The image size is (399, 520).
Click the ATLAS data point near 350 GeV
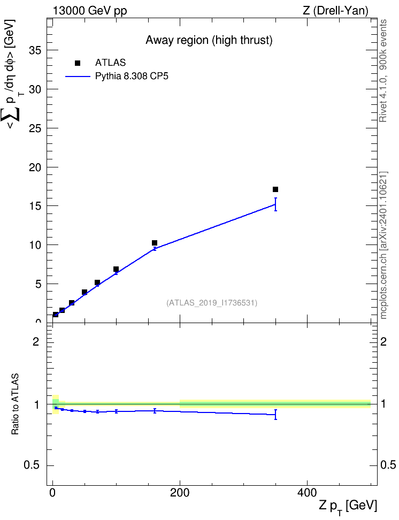point(275,189)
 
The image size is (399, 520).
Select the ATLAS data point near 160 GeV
point(154,243)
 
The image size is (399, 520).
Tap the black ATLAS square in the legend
point(78,63)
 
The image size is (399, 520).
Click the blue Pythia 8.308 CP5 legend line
point(78,77)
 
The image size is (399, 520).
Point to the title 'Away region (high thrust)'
point(209,40)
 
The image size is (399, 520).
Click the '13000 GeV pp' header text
point(90,11)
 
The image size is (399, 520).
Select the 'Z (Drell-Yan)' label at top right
point(335,11)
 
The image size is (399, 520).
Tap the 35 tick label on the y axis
point(35,50)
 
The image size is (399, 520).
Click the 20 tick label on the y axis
point(35,167)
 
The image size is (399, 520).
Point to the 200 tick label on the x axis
point(180,493)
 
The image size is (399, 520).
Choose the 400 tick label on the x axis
point(307,493)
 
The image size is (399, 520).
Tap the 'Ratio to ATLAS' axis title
point(15,404)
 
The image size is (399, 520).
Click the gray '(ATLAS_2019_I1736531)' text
point(212,303)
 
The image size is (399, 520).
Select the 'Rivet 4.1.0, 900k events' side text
point(383,71)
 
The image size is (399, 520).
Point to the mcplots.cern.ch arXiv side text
point(383,245)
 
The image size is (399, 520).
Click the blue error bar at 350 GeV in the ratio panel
point(275,415)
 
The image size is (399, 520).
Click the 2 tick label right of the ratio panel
point(383,341)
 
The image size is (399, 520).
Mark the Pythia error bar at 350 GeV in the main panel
point(275,204)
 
